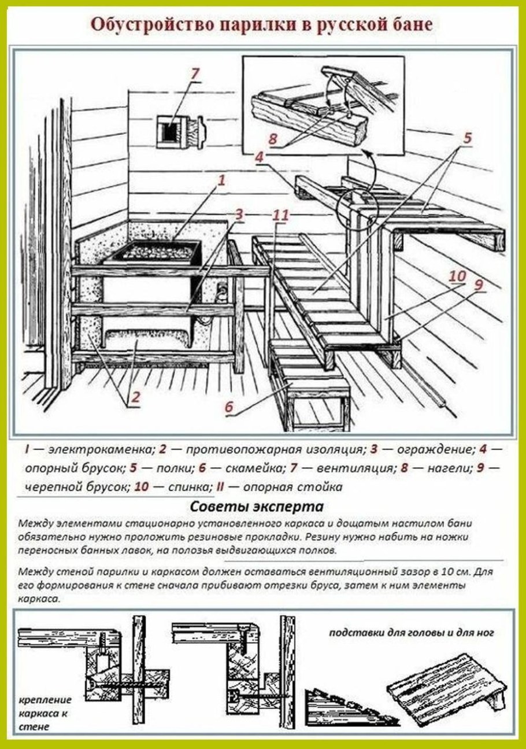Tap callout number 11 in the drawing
click(x=280, y=216)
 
